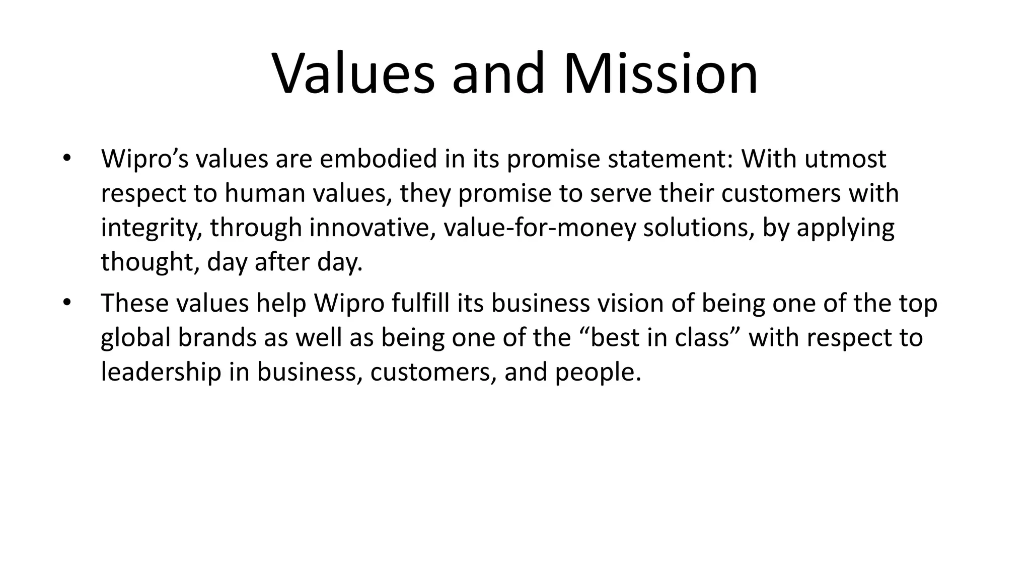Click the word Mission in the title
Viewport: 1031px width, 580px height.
[660, 74]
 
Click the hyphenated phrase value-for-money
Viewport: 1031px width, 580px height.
[540, 228]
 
